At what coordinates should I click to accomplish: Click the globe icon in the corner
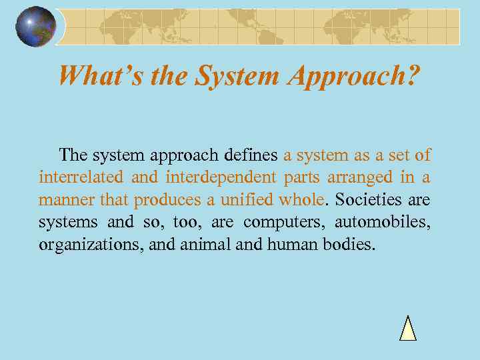click(x=36, y=27)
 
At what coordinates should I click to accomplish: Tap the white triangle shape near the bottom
click(x=408, y=329)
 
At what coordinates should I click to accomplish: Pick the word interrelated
click(x=81, y=178)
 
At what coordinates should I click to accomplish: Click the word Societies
click(x=370, y=200)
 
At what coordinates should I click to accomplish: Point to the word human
click(x=291, y=244)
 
